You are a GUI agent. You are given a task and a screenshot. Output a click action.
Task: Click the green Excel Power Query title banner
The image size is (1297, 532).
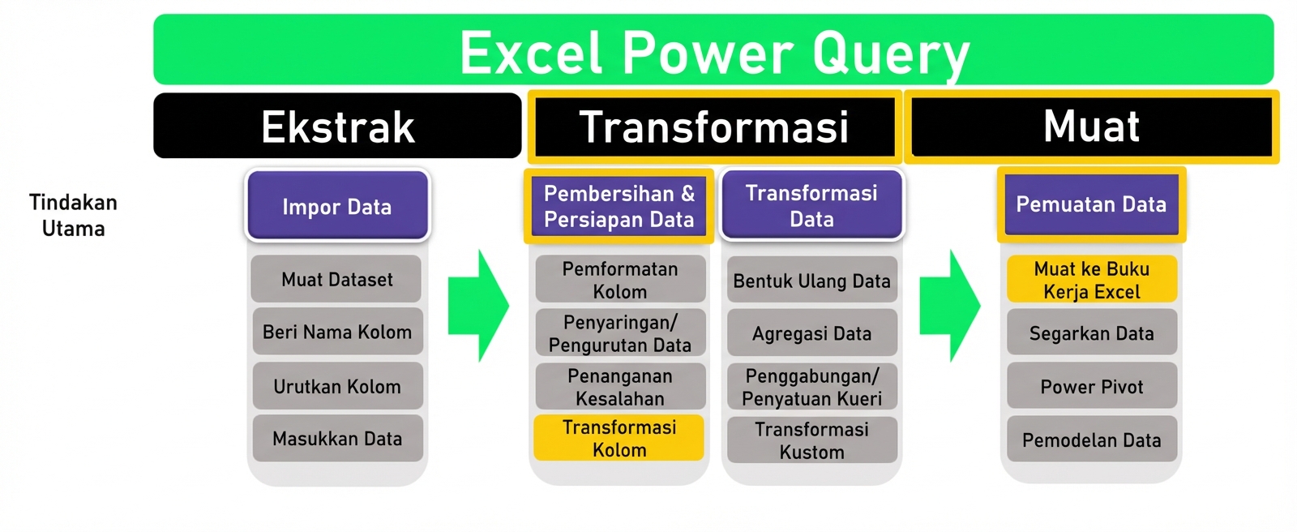coord(713,50)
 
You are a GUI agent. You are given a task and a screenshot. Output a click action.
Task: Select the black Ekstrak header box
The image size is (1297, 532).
coord(337,126)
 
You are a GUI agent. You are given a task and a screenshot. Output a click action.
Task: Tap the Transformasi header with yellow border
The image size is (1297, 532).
coord(713,127)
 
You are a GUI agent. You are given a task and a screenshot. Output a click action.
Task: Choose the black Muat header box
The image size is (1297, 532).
coord(1091,127)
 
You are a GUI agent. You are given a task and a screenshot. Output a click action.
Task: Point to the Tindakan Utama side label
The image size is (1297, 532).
coord(73,215)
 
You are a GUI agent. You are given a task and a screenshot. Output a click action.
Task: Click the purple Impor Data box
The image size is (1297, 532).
coord(337,206)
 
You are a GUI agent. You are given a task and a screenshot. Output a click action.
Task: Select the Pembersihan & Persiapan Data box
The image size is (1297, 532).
coord(619,206)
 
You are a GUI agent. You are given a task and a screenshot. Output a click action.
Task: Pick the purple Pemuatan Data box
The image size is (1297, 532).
coord(1091,204)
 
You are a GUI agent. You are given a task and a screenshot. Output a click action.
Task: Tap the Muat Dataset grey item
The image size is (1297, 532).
coord(336,279)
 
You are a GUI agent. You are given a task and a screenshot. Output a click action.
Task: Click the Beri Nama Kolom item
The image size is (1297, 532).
coord(337,332)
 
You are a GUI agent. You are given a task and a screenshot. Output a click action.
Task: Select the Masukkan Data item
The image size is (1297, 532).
coord(337,439)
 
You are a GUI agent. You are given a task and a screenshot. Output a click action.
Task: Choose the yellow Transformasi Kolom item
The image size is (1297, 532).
coord(619,439)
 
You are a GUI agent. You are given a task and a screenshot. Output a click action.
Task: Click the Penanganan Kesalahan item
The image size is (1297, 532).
coord(619,387)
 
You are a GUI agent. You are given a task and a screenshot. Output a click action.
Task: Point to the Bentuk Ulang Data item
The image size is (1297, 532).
coord(811,281)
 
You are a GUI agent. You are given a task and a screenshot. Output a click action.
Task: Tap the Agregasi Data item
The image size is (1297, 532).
coord(811,333)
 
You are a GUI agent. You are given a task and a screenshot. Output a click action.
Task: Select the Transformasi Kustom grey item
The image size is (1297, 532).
coord(811,440)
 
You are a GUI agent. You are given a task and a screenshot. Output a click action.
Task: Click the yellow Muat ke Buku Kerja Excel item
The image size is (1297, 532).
coord(1091,280)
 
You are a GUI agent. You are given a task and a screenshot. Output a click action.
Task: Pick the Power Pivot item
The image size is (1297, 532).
coord(1091,387)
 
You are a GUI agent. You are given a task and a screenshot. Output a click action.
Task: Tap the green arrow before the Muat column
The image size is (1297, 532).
coord(949,306)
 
